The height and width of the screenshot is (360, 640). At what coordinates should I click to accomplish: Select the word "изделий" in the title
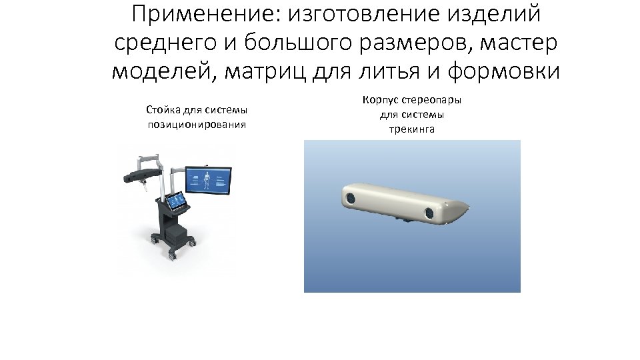(496, 14)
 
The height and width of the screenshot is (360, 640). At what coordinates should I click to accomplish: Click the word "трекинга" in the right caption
(411, 129)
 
